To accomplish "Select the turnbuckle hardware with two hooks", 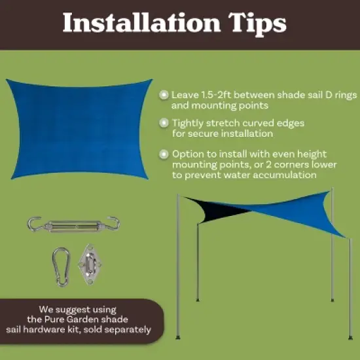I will coord(73,225).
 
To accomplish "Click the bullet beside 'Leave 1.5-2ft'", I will coord(163,95).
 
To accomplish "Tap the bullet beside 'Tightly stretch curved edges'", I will coord(163,122).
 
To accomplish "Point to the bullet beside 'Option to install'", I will coord(163,154).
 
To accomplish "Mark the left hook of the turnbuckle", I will coord(33,225).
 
